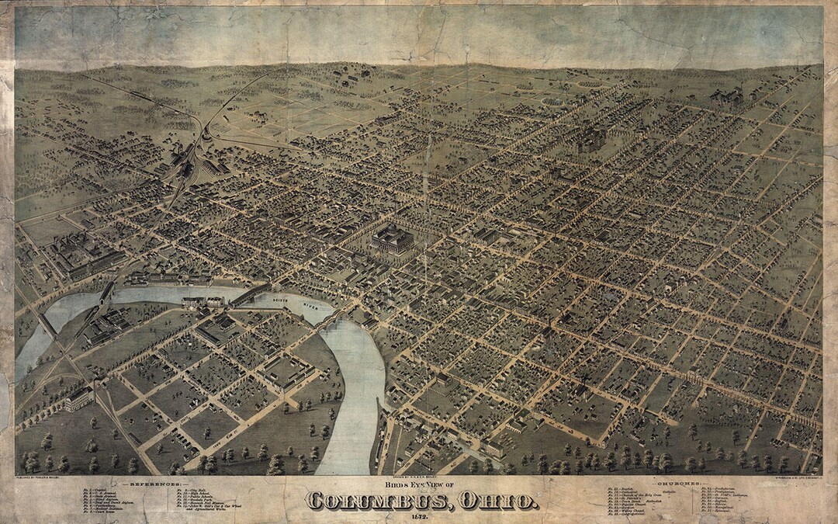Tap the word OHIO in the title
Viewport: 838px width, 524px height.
point(500,501)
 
